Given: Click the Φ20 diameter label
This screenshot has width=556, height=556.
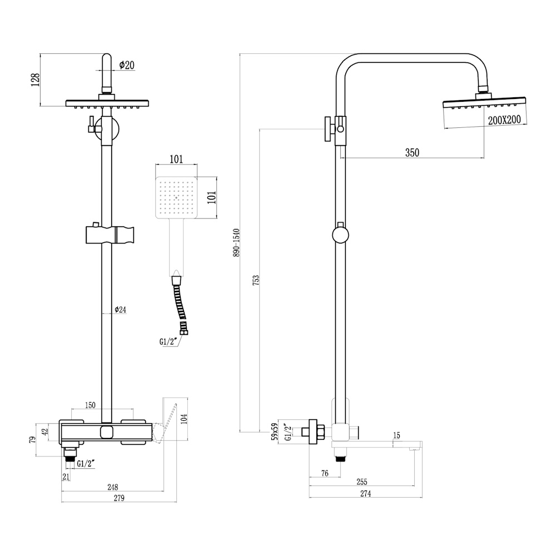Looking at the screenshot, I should pos(127,65).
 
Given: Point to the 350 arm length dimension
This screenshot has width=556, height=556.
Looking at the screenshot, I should pos(412,153).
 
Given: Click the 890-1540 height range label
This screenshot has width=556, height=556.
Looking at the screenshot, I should pos(236,242).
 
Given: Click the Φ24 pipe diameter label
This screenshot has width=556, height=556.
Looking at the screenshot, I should pos(120,310).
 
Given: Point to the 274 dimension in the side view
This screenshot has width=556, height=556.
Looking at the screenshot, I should pos(365,493).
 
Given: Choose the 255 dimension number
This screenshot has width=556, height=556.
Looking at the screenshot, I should pos(361,482).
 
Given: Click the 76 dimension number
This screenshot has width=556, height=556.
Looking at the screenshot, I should pos(325,473).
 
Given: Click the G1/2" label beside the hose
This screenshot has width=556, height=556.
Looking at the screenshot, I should pos(168,342).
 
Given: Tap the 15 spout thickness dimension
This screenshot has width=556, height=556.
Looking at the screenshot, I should pos(396,435).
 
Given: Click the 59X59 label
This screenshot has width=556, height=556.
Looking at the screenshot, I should pos(274,432).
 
